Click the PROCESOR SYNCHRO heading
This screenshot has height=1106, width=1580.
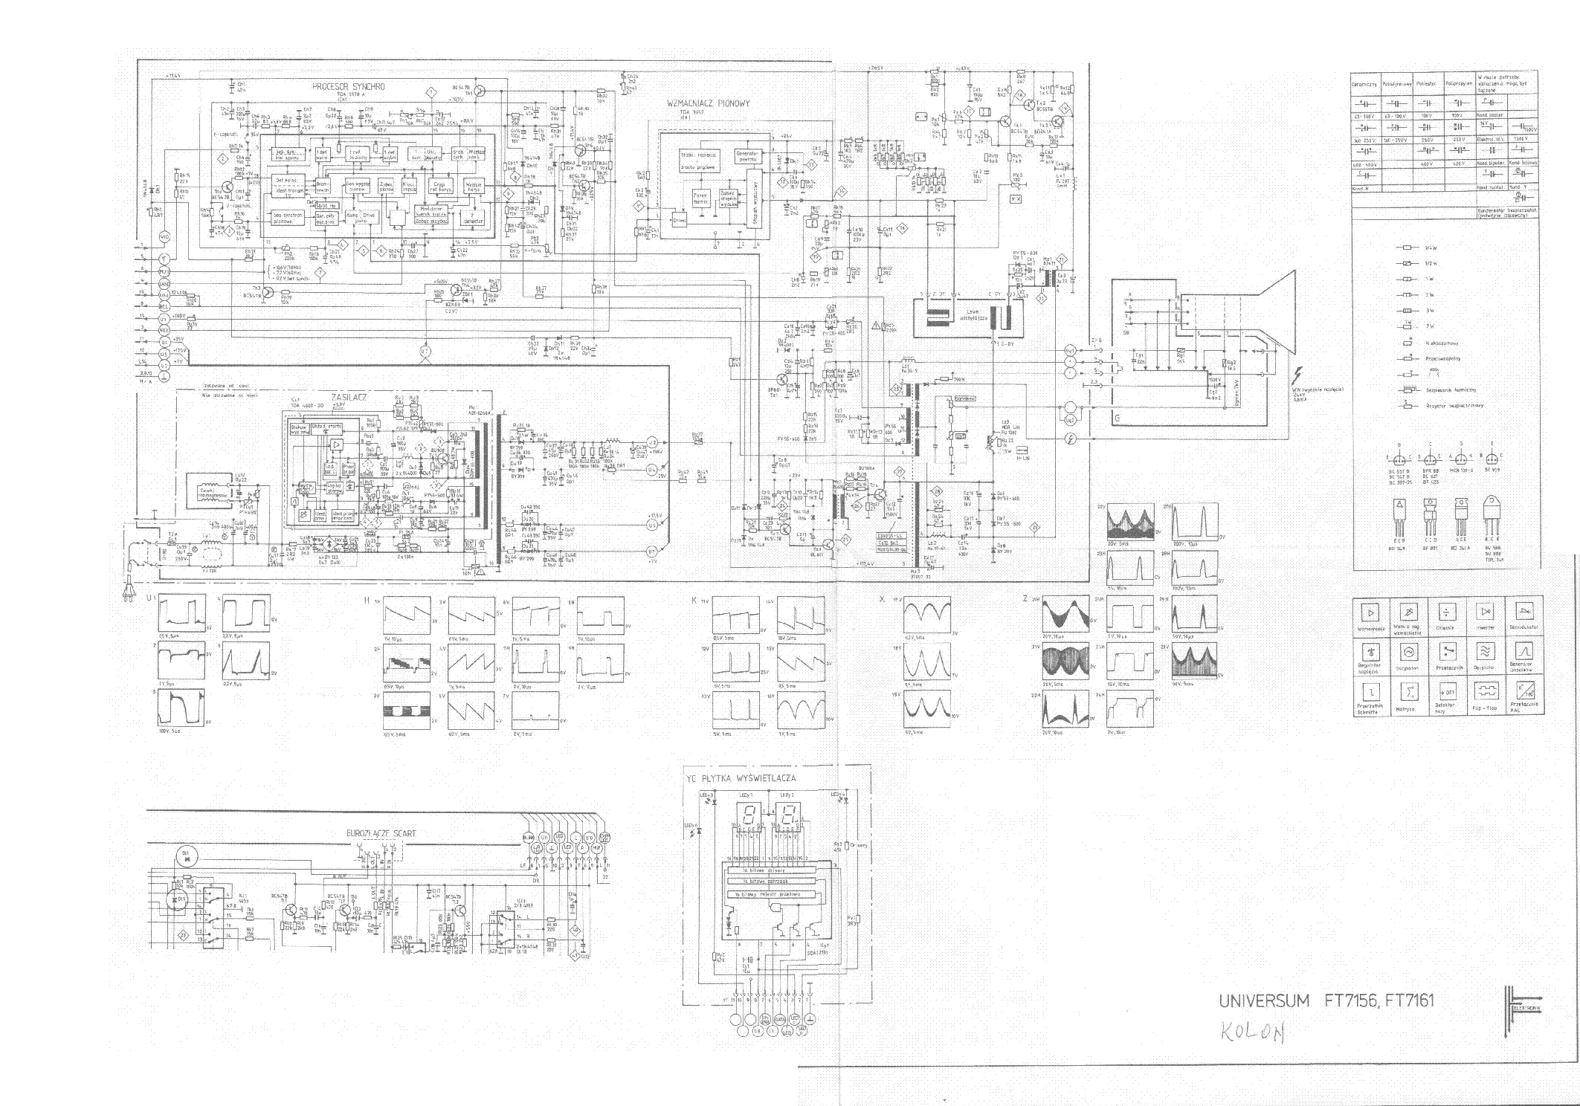[349, 87]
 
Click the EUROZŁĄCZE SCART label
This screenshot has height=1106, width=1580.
[381, 833]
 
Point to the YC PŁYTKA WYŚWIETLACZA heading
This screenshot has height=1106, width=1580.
[741, 777]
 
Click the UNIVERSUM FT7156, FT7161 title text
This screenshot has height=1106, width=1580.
[1326, 1000]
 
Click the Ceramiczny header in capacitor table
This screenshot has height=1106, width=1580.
[1364, 84]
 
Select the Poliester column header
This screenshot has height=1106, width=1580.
[1426, 84]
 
